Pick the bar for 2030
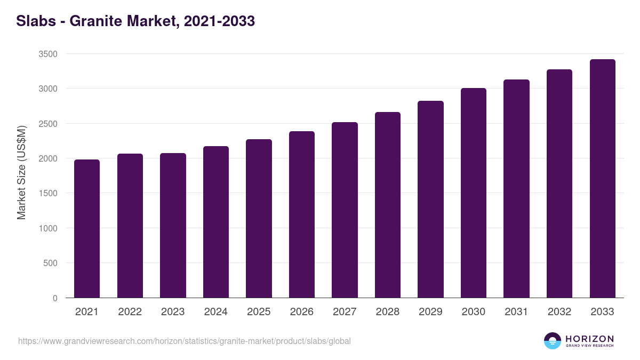[x=474, y=193]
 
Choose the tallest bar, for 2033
[x=602, y=178]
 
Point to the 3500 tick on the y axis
[x=48, y=54]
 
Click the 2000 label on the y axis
[x=48, y=158]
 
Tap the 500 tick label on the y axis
[x=51, y=263]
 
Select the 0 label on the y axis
[x=55, y=298]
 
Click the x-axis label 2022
[x=130, y=312]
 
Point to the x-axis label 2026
[x=302, y=312]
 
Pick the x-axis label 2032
[x=559, y=312]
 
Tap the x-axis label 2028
[x=388, y=312]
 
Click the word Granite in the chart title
[x=93, y=21]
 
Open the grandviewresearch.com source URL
[x=185, y=341]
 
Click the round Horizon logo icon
[x=553, y=341]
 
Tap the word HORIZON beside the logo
[x=589, y=338]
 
